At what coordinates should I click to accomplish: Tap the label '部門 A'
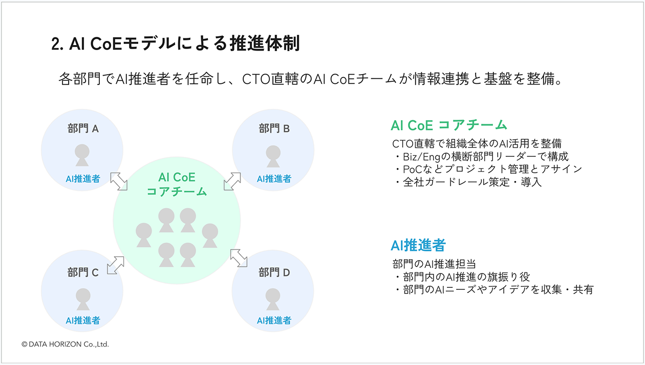(x=83, y=128)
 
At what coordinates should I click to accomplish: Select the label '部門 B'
(x=274, y=128)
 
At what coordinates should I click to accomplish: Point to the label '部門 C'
(x=83, y=272)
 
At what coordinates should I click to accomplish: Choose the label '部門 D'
(x=274, y=272)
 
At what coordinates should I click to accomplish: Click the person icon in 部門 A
(x=82, y=155)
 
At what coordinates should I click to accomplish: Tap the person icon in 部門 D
(x=273, y=299)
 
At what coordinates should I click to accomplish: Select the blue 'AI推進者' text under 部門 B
(x=274, y=179)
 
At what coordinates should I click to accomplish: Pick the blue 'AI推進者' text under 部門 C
(x=83, y=321)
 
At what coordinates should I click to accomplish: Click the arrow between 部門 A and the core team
(x=119, y=181)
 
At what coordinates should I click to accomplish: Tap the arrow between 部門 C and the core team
(x=116, y=265)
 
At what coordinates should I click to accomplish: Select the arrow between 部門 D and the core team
(x=239, y=258)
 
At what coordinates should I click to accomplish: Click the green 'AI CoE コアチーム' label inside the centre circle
(x=177, y=185)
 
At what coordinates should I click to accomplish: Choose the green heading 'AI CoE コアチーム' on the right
(x=448, y=125)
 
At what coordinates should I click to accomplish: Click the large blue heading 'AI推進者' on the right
(x=418, y=245)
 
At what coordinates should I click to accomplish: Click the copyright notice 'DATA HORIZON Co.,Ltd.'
(x=66, y=345)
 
